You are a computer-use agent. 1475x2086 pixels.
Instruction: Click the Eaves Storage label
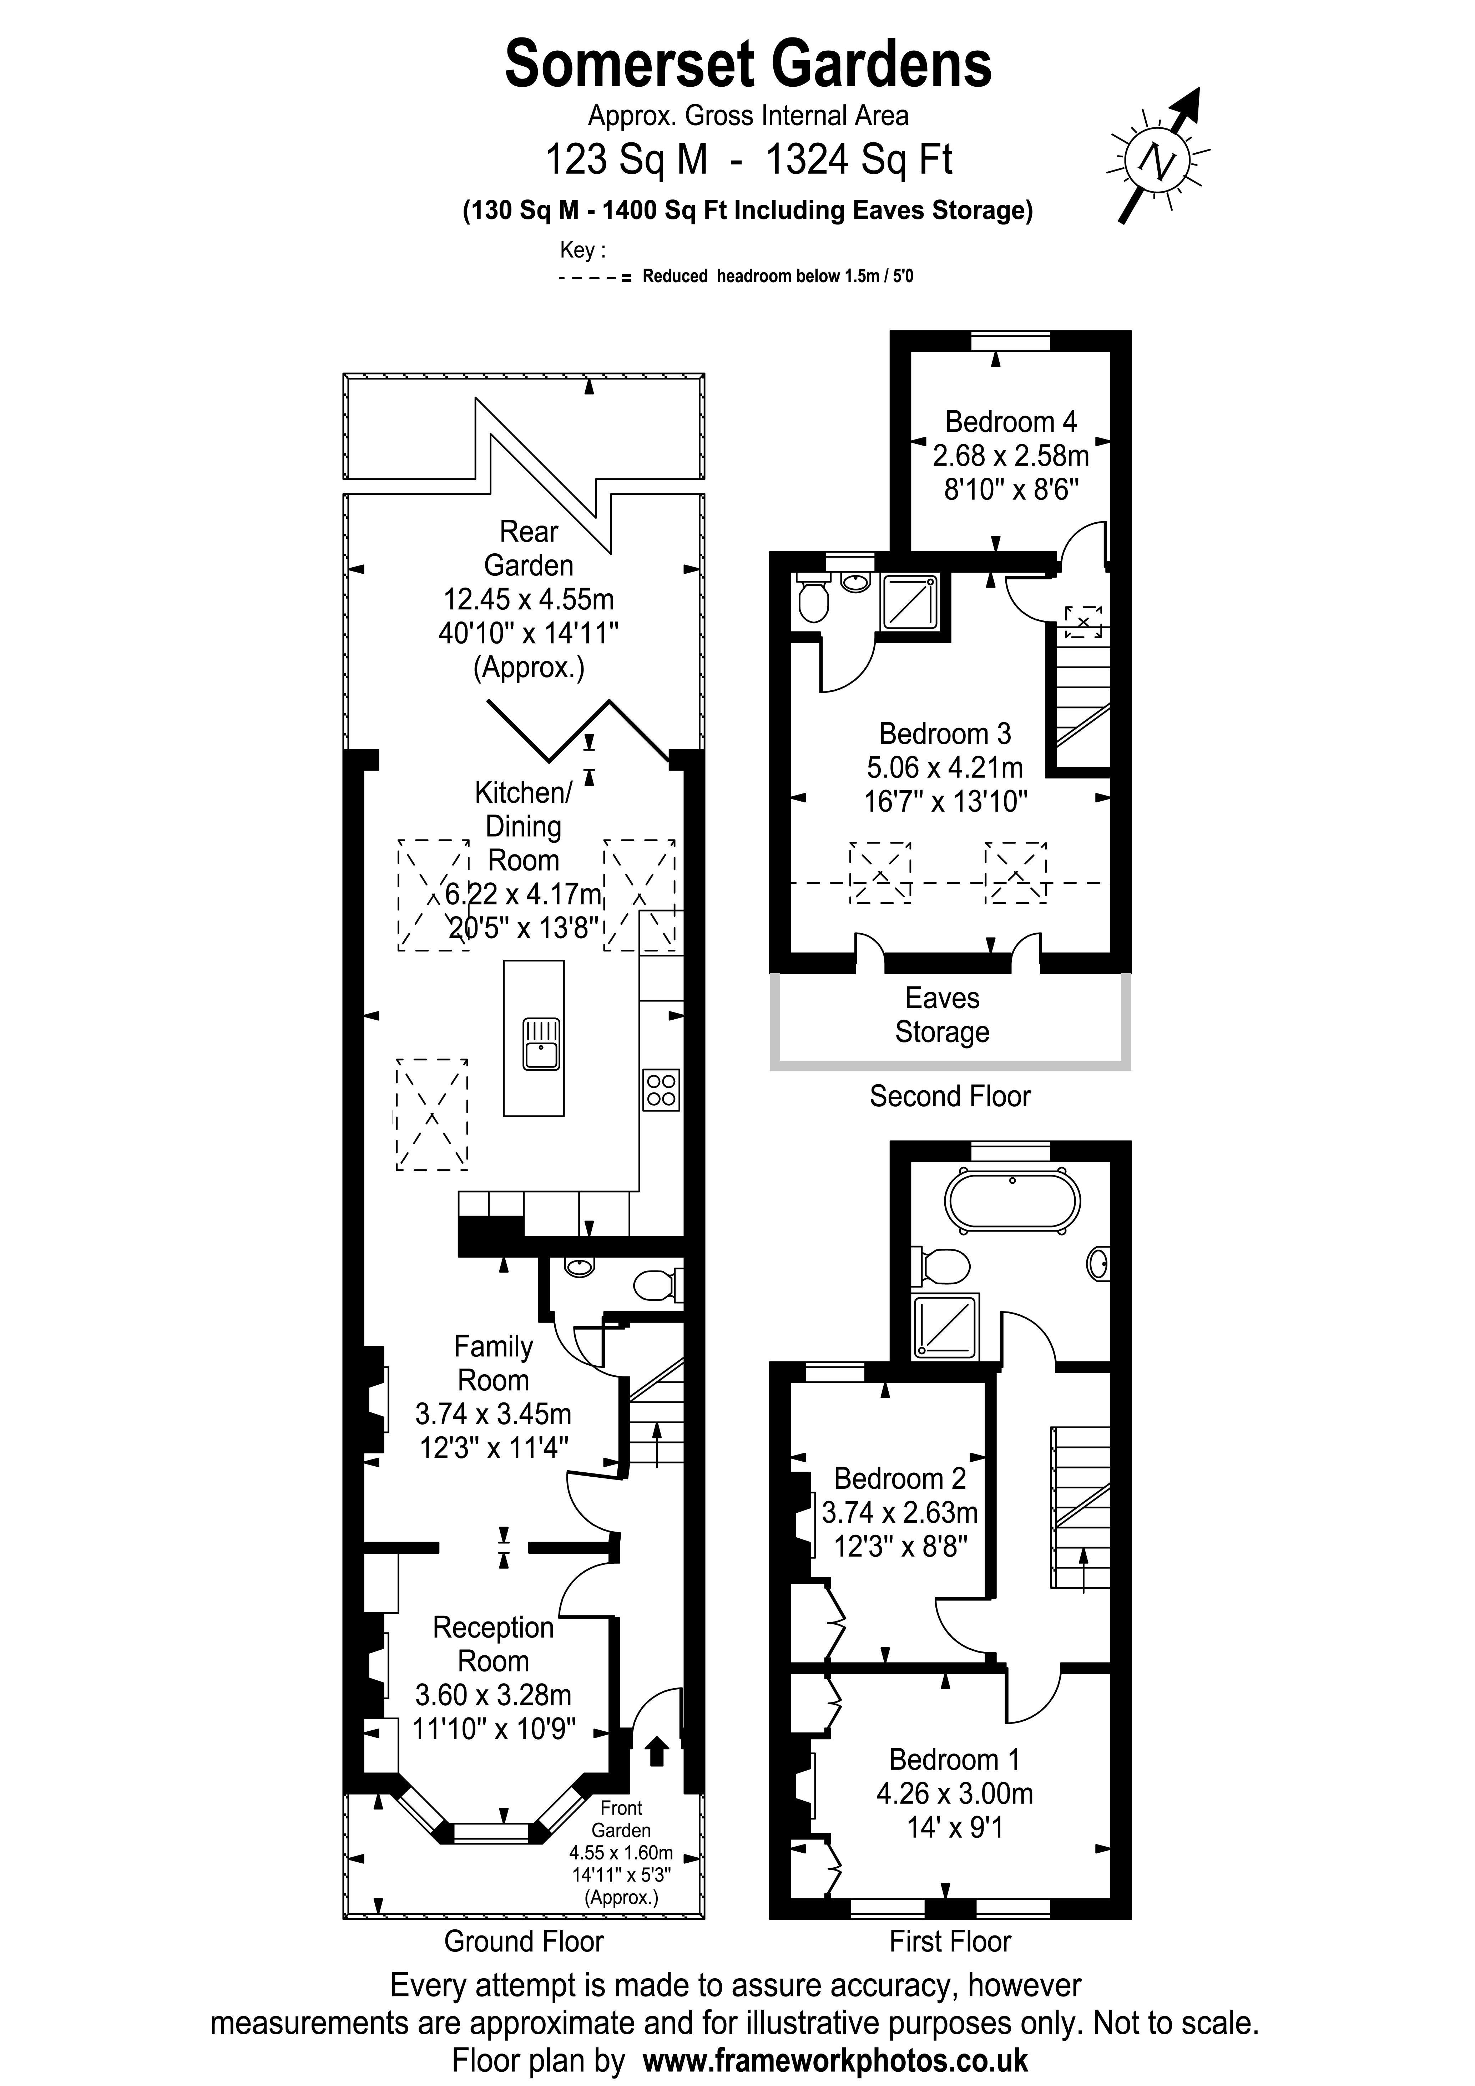coord(941,1015)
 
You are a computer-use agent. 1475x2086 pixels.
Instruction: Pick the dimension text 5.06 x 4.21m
coord(944,768)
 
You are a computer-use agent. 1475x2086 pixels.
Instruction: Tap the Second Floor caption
coord(950,1096)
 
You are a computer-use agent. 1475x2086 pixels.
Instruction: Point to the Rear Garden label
coord(528,548)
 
